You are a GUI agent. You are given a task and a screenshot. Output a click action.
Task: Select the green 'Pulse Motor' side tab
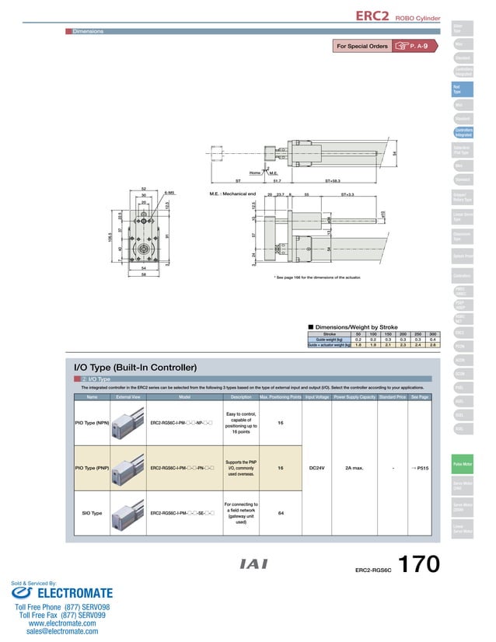(463, 464)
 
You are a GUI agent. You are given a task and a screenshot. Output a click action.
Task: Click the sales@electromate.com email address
(62, 632)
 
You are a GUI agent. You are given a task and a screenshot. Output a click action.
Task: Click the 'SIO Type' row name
(93, 513)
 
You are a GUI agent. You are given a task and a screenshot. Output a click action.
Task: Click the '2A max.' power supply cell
(355, 468)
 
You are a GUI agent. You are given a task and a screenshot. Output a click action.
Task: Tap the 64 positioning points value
(279, 513)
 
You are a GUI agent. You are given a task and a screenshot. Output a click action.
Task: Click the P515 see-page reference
(420, 468)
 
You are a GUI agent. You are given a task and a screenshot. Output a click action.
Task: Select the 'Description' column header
(236, 397)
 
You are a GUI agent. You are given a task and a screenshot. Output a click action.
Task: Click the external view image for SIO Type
(127, 513)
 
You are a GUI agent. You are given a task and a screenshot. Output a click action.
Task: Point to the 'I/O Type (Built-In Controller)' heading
(134, 366)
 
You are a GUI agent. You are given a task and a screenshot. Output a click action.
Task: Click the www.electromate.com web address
(62, 623)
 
